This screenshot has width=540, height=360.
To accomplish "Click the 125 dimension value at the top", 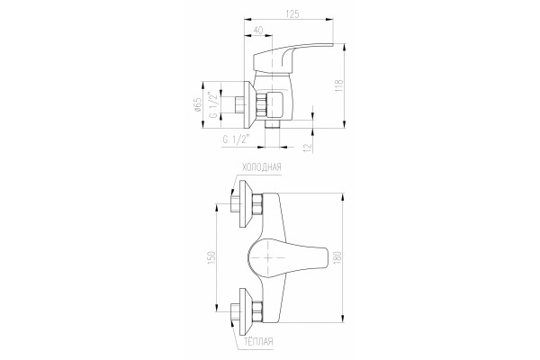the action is pyautogui.click(x=292, y=13).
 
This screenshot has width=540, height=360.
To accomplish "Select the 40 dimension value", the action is pyautogui.click(x=258, y=31).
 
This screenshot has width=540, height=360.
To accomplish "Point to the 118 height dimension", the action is pyautogui.click(x=339, y=85).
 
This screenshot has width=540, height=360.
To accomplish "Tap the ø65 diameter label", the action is pyautogui.click(x=198, y=104).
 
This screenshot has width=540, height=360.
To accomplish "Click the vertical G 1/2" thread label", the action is pyautogui.click(x=214, y=104).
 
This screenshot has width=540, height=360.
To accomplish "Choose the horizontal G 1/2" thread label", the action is pyautogui.click(x=236, y=139).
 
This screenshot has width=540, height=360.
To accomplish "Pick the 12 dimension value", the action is pyautogui.click(x=308, y=147).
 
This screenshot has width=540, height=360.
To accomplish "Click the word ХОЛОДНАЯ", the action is pyautogui.click(x=262, y=167).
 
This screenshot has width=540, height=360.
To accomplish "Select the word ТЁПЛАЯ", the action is pyautogui.click(x=258, y=341).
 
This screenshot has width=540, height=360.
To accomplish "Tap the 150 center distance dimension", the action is pyautogui.click(x=211, y=257).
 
